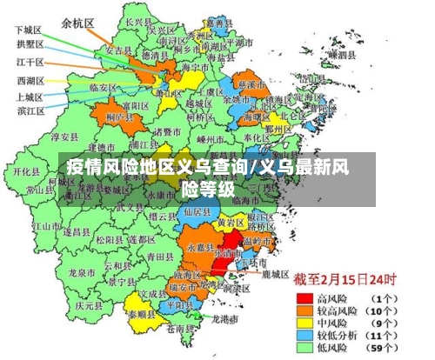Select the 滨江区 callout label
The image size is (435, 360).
coord(31,110)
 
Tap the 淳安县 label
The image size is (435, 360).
coord(65,137)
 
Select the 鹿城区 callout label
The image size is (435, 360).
coord(275,274)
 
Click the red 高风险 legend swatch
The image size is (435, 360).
coord(304,298)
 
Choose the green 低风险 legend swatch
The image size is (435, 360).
coord(304,347)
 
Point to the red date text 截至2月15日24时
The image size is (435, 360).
coord(344,280)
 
